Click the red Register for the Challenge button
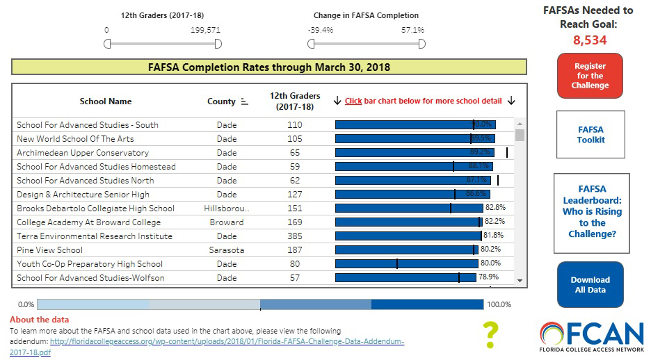(590, 76)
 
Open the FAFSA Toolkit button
(590, 134)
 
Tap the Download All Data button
(590, 284)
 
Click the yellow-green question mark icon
(491, 334)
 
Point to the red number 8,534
(590, 40)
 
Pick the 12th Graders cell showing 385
(295, 236)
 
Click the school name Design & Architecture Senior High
(83, 194)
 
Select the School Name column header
(106, 101)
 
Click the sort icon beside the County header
(245, 101)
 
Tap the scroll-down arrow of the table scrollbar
(519, 279)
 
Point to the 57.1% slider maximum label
(412, 30)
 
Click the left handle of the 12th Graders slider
(107, 44)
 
